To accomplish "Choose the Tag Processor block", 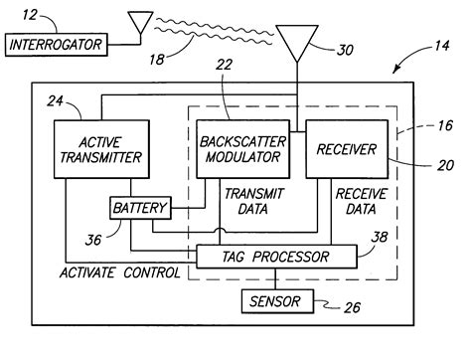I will pyautogui.click(x=274, y=258).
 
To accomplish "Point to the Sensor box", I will pyautogui.click(x=277, y=300).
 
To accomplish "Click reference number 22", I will pyautogui.click(x=224, y=90).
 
